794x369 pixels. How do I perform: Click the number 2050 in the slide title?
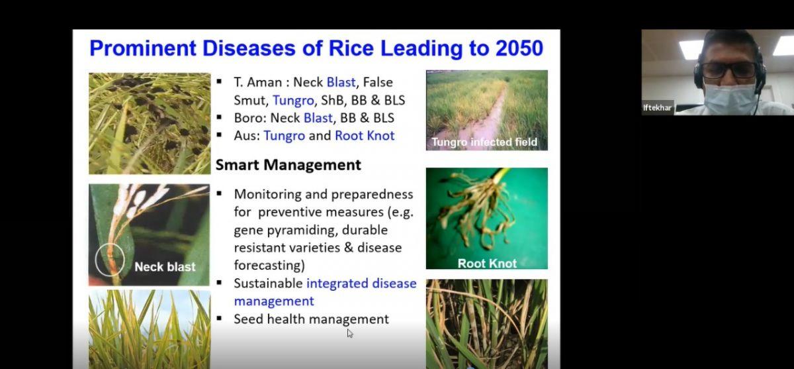[519, 48]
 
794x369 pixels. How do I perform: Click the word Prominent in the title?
[143, 48]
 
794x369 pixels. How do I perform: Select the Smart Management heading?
[288, 165]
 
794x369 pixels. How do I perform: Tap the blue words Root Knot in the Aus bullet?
[365, 136]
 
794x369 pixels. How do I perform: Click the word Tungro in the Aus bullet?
[285, 136]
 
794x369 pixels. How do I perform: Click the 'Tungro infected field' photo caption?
[484, 142]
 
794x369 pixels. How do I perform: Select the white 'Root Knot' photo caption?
[487, 263]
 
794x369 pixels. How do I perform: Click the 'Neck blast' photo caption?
[165, 267]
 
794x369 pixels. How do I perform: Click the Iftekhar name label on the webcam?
[657, 108]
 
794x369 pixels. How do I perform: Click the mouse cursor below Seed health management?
[350, 333]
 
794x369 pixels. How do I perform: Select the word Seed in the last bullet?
[249, 319]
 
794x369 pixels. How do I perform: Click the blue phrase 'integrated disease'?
[361, 283]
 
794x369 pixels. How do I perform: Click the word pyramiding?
[301, 231]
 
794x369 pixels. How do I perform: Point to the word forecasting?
[269, 266]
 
